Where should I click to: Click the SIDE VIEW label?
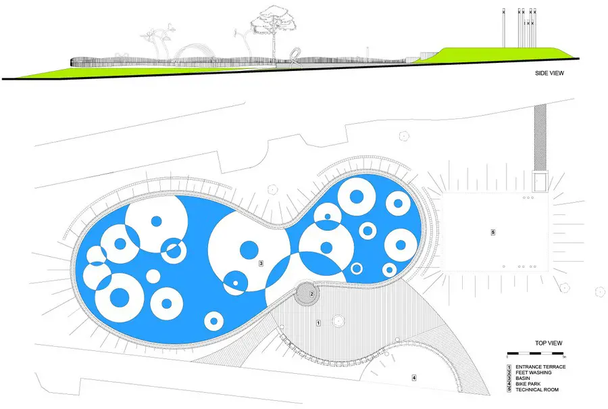pos(549,73)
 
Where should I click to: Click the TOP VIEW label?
pos(549,343)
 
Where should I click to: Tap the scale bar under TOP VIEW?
pos(535,354)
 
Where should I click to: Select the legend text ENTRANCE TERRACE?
pos(540,366)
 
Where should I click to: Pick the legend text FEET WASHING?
pos(534,372)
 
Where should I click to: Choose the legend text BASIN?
pos(523,379)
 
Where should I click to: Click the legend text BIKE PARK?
pos(528,384)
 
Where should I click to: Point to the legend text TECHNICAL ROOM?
pos(537,389)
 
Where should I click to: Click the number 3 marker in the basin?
pos(261,264)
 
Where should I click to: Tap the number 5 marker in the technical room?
pos(493,233)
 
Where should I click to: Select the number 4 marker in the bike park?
pos(413,377)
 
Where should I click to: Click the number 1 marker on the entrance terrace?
pos(318,323)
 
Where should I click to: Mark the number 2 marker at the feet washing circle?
pos(311,294)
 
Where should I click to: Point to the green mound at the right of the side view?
pos(497,54)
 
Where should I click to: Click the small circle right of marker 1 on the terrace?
pos(338,320)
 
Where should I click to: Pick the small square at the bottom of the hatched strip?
pos(540,182)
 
